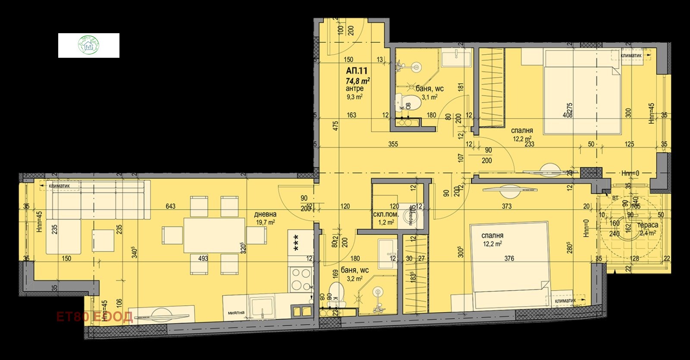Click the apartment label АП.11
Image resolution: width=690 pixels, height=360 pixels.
(356, 71)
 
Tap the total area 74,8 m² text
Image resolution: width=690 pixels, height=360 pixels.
(358, 80)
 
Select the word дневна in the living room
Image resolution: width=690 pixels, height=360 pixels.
(265, 214)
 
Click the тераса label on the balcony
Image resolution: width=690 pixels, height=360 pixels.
(648, 225)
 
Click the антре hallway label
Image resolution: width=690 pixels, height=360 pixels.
(354, 88)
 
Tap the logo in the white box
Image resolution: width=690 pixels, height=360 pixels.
(88, 45)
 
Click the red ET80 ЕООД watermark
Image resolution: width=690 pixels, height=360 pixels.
(94, 317)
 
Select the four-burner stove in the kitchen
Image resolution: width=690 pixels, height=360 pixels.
(301, 279)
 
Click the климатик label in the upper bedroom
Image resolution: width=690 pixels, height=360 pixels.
(631, 56)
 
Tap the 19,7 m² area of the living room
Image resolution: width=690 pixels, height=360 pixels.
(266, 222)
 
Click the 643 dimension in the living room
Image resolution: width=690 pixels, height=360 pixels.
(170, 207)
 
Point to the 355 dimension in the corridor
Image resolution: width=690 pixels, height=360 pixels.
(392, 144)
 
